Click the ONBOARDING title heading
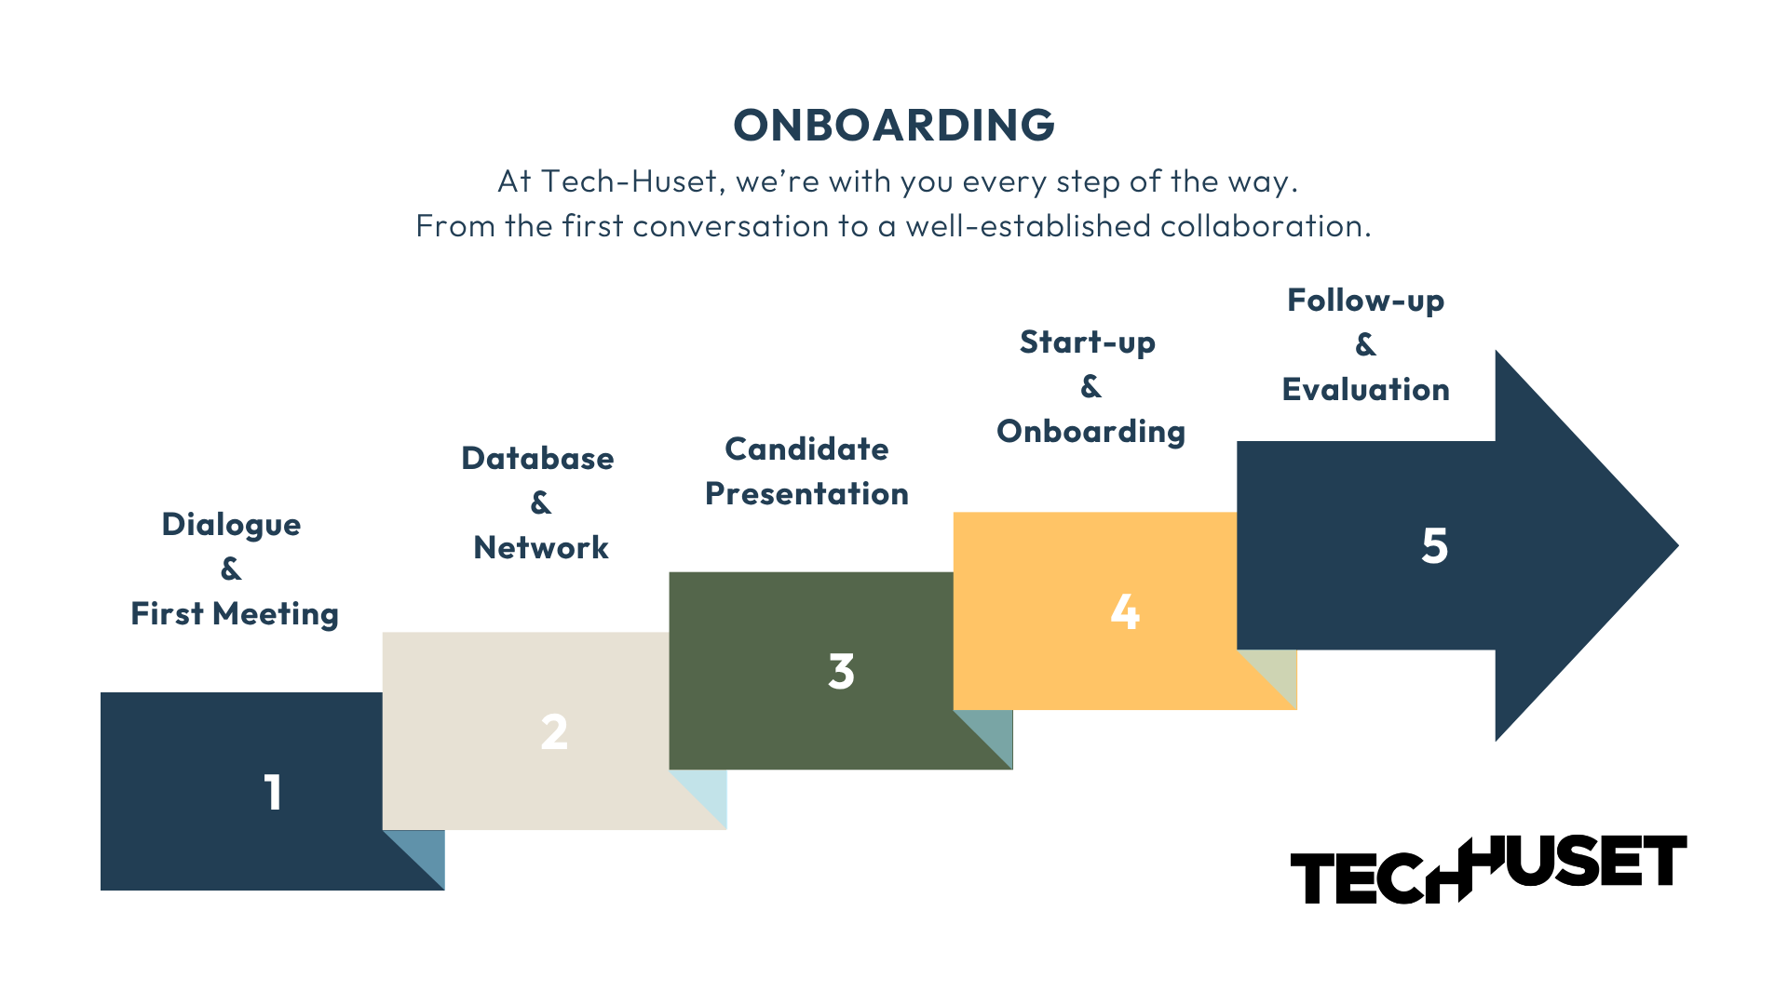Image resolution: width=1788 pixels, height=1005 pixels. tap(893, 126)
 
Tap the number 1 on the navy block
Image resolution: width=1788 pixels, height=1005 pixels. tap(272, 793)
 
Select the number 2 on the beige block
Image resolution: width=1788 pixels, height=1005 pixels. tap(554, 732)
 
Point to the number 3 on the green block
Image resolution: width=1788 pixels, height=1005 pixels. tap(841, 672)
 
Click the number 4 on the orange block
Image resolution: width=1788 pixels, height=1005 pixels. tap(1125, 612)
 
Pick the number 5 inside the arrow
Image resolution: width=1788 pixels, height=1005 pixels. tap(1434, 546)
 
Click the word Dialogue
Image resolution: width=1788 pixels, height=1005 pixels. tap(231, 525)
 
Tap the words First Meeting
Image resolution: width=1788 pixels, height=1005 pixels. tap(235, 614)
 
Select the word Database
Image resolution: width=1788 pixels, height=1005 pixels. tap(537, 459)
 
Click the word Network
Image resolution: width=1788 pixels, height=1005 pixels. tap(541, 548)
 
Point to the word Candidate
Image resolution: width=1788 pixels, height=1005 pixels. tap(806, 449)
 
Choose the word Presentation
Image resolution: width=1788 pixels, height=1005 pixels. tap(806, 494)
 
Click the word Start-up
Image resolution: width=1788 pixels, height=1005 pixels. tap(1088, 342)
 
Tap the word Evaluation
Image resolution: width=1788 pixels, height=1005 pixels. tap(1365, 390)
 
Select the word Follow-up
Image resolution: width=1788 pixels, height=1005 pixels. tap(1365, 301)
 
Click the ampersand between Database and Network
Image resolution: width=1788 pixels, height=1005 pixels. tap(540, 503)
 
